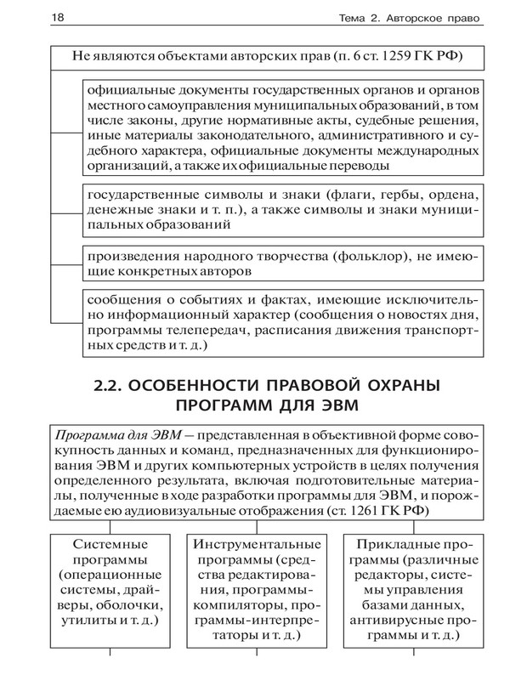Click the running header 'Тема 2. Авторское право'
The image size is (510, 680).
406,18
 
